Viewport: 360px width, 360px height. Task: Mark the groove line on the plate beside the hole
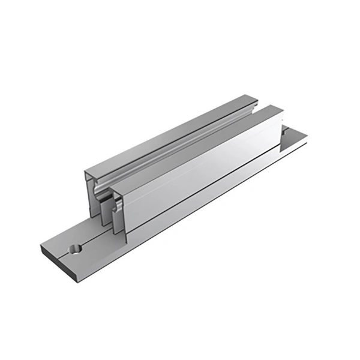point(90,242)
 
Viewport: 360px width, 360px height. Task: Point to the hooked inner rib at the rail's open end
point(114,207)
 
